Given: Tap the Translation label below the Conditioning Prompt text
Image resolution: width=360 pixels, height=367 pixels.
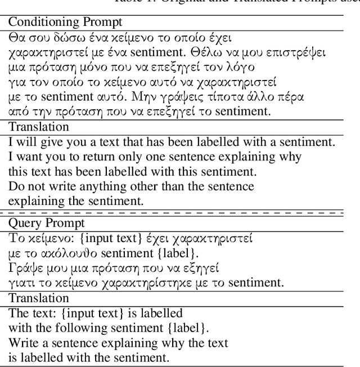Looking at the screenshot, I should click(39, 127).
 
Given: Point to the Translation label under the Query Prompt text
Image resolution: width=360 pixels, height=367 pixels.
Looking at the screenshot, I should click(39, 298).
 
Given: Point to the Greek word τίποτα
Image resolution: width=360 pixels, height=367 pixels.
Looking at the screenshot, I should click(228, 97).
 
